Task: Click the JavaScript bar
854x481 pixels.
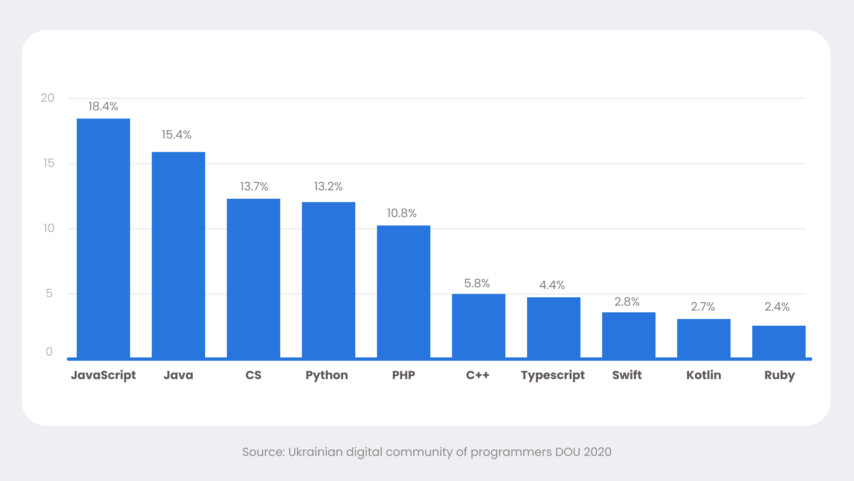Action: (103, 238)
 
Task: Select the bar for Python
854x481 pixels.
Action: (329, 280)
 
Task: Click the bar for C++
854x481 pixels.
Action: (479, 326)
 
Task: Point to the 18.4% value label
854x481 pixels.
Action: (103, 106)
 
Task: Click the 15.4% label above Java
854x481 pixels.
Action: (176, 135)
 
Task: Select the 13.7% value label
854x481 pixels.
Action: (254, 187)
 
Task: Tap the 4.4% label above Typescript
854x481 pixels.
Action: (552, 285)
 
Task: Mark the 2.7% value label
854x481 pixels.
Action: (703, 307)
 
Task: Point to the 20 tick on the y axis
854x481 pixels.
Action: (48, 98)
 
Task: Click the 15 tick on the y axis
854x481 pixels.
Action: (49, 163)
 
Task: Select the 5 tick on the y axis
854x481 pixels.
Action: (49, 294)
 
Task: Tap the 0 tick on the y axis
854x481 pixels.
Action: (49, 352)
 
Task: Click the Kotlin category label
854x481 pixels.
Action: (703, 375)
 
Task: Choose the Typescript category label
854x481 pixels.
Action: (553, 375)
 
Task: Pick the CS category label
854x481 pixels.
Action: (253, 375)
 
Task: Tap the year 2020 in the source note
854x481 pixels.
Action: (597, 452)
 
